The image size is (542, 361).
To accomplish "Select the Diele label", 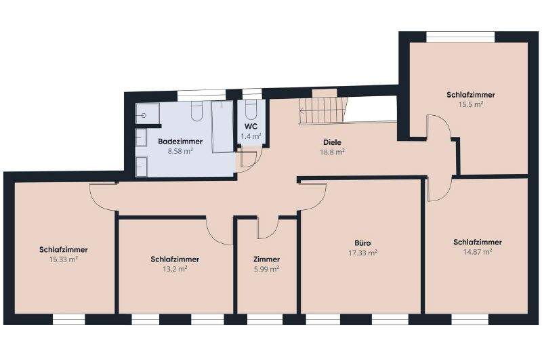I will (332, 142).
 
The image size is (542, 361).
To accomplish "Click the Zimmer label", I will (266, 259).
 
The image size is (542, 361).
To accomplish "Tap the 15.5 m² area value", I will (470, 105).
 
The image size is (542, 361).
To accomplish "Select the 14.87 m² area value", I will (477, 251).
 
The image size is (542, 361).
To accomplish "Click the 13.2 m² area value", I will (175, 268).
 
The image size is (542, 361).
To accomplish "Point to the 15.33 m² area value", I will (63, 259).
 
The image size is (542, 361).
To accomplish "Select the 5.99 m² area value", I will (266, 269).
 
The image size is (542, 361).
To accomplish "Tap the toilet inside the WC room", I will (251, 110).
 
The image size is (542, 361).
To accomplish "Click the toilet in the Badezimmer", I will (197, 112).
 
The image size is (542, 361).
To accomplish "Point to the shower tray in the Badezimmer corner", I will (148, 114).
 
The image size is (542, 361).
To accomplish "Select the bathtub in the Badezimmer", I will (222, 128).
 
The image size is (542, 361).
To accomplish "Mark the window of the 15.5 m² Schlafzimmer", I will (461, 35).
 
